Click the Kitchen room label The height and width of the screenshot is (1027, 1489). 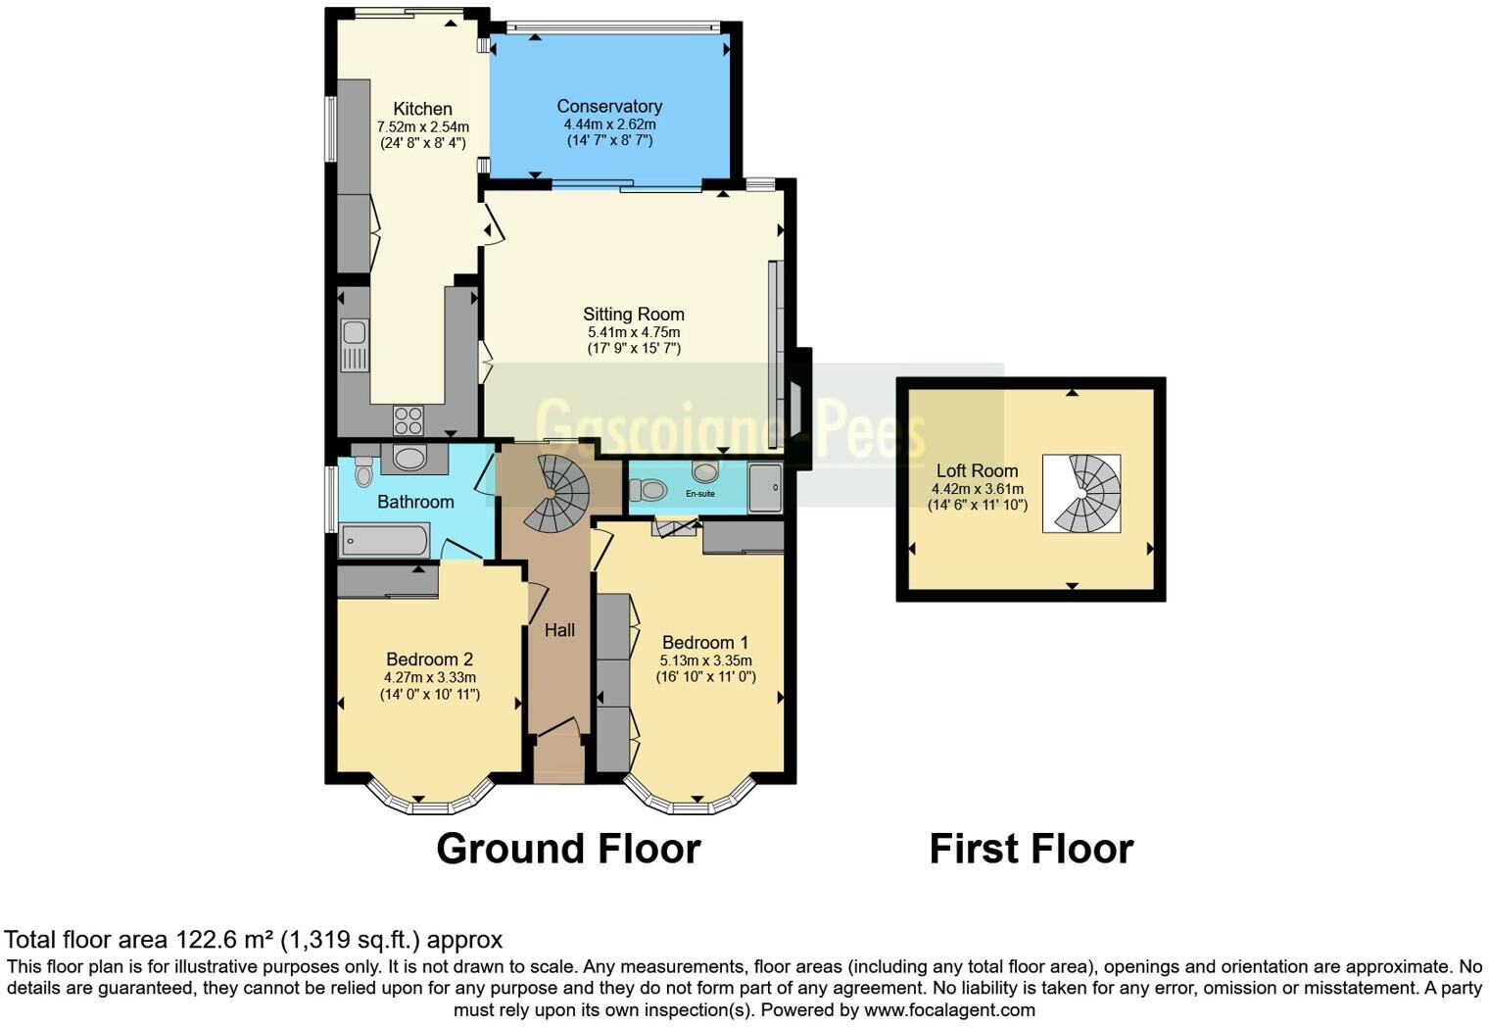pos(422,109)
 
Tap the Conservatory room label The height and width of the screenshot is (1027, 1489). pos(609,106)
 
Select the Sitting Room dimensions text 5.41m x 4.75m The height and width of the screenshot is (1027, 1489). pos(633,332)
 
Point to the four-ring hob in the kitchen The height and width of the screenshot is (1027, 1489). pos(408,420)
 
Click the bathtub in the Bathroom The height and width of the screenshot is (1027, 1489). pos(384,540)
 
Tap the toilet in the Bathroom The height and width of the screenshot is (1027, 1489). pos(363,473)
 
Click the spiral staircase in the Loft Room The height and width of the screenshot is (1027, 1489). pos(1082,493)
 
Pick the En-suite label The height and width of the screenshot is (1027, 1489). pos(699,494)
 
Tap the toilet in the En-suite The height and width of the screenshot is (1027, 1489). pos(648,488)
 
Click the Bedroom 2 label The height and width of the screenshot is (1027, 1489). pos(429,660)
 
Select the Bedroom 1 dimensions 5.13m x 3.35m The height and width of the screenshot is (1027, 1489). pos(705,660)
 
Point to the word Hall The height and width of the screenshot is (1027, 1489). pos(559,630)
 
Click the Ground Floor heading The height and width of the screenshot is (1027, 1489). pos(568,849)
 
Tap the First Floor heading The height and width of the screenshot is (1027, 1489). pos(1031,849)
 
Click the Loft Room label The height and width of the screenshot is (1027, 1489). pos(977,470)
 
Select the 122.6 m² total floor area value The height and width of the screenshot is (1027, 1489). pos(224,940)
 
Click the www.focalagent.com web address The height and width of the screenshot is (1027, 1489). pos(949,1009)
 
